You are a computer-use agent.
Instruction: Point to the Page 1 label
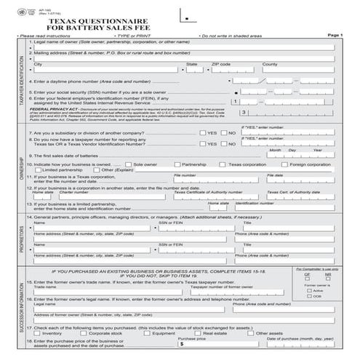point(335,34)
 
